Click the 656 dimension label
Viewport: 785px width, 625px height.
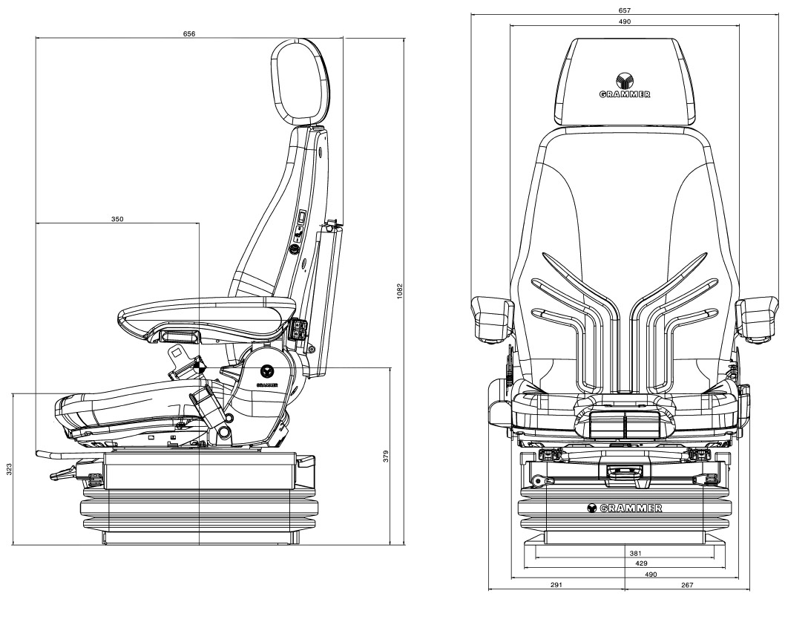(x=189, y=34)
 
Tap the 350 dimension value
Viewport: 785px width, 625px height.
(x=117, y=219)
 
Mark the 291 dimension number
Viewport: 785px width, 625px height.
(x=556, y=585)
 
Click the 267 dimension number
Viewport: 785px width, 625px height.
(x=686, y=585)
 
